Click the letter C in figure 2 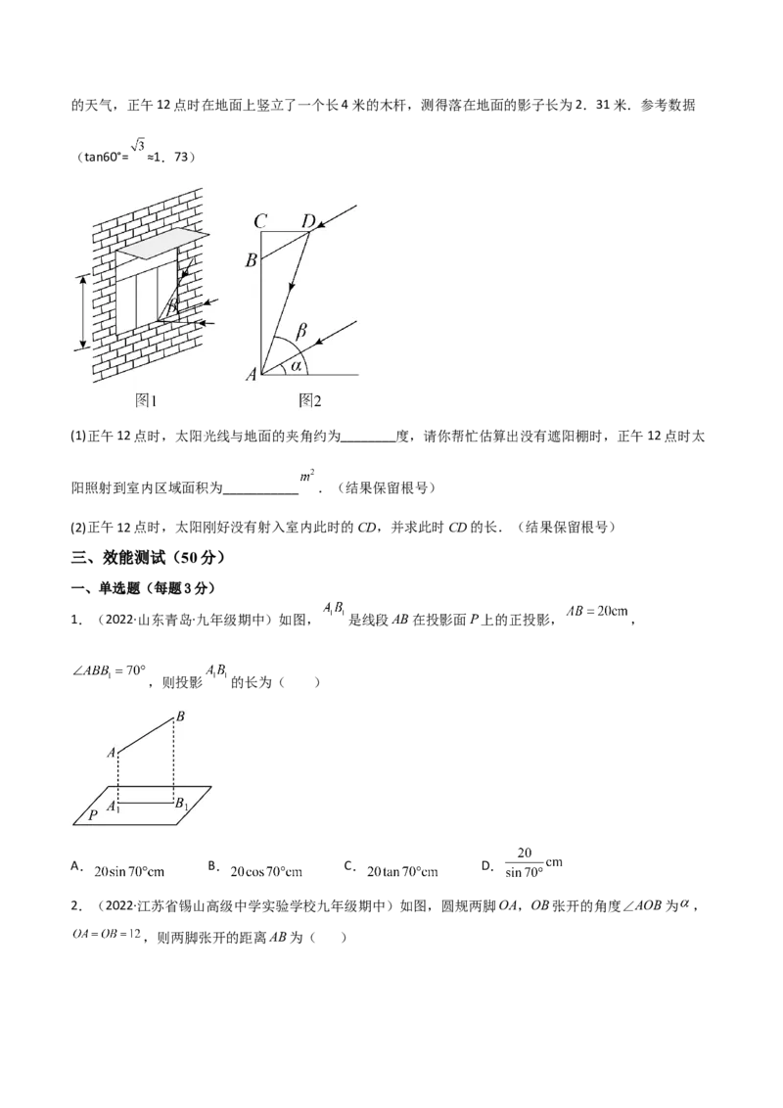260,222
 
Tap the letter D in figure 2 307,222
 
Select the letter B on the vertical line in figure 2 252,260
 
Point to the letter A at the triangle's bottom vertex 252,373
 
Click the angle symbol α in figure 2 295,366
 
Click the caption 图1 146,399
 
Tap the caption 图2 310,399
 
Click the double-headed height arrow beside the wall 83,311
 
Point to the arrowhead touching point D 322,226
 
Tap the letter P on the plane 92,812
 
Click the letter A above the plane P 111,752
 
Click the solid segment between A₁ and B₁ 147,802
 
